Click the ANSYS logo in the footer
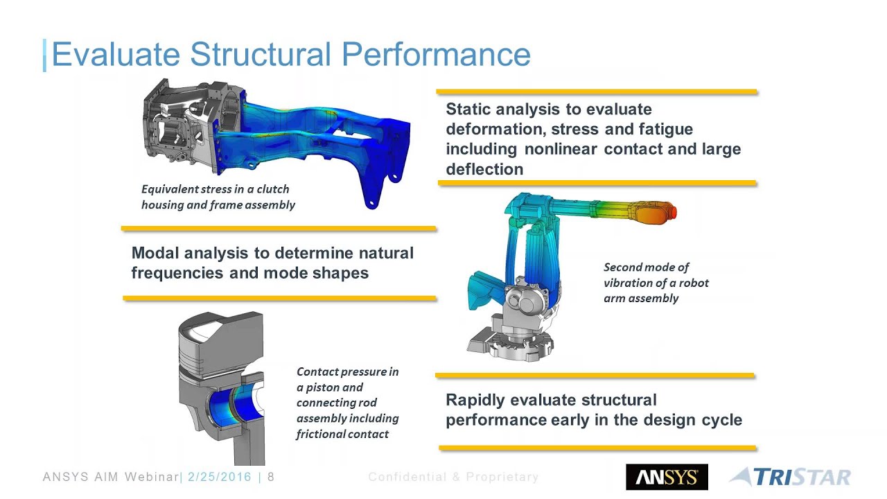click(667, 477)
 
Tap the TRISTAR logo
click(791, 477)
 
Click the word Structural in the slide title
click(261, 54)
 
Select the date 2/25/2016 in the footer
click(220, 476)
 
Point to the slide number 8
click(271, 476)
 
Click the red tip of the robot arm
click(672, 211)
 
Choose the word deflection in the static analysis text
click(484, 169)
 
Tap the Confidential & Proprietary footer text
click(453, 477)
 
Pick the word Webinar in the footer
click(152, 476)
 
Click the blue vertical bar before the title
click(45, 55)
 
